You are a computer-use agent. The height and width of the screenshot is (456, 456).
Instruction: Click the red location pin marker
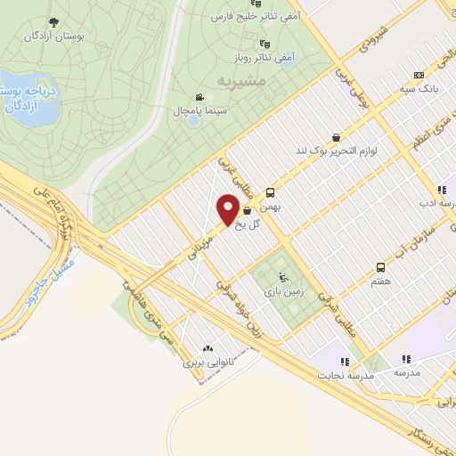pyautogui.click(x=227, y=210)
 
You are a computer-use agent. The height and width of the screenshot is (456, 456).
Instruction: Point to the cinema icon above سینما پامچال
pyautogui.click(x=197, y=97)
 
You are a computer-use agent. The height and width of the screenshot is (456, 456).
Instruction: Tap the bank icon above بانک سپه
pyautogui.click(x=419, y=76)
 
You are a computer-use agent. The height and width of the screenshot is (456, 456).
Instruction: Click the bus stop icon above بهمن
pyautogui.click(x=270, y=191)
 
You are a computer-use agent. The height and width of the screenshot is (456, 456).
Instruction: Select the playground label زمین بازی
pyautogui.click(x=283, y=290)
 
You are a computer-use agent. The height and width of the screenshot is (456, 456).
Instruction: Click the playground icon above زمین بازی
pyautogui.click(x=284, y=275)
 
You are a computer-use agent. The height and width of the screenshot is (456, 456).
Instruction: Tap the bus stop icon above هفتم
pyautogui.click(x=381, y=267)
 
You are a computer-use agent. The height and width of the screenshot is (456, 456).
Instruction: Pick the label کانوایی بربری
pyautogui.click(x=208, y=363)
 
